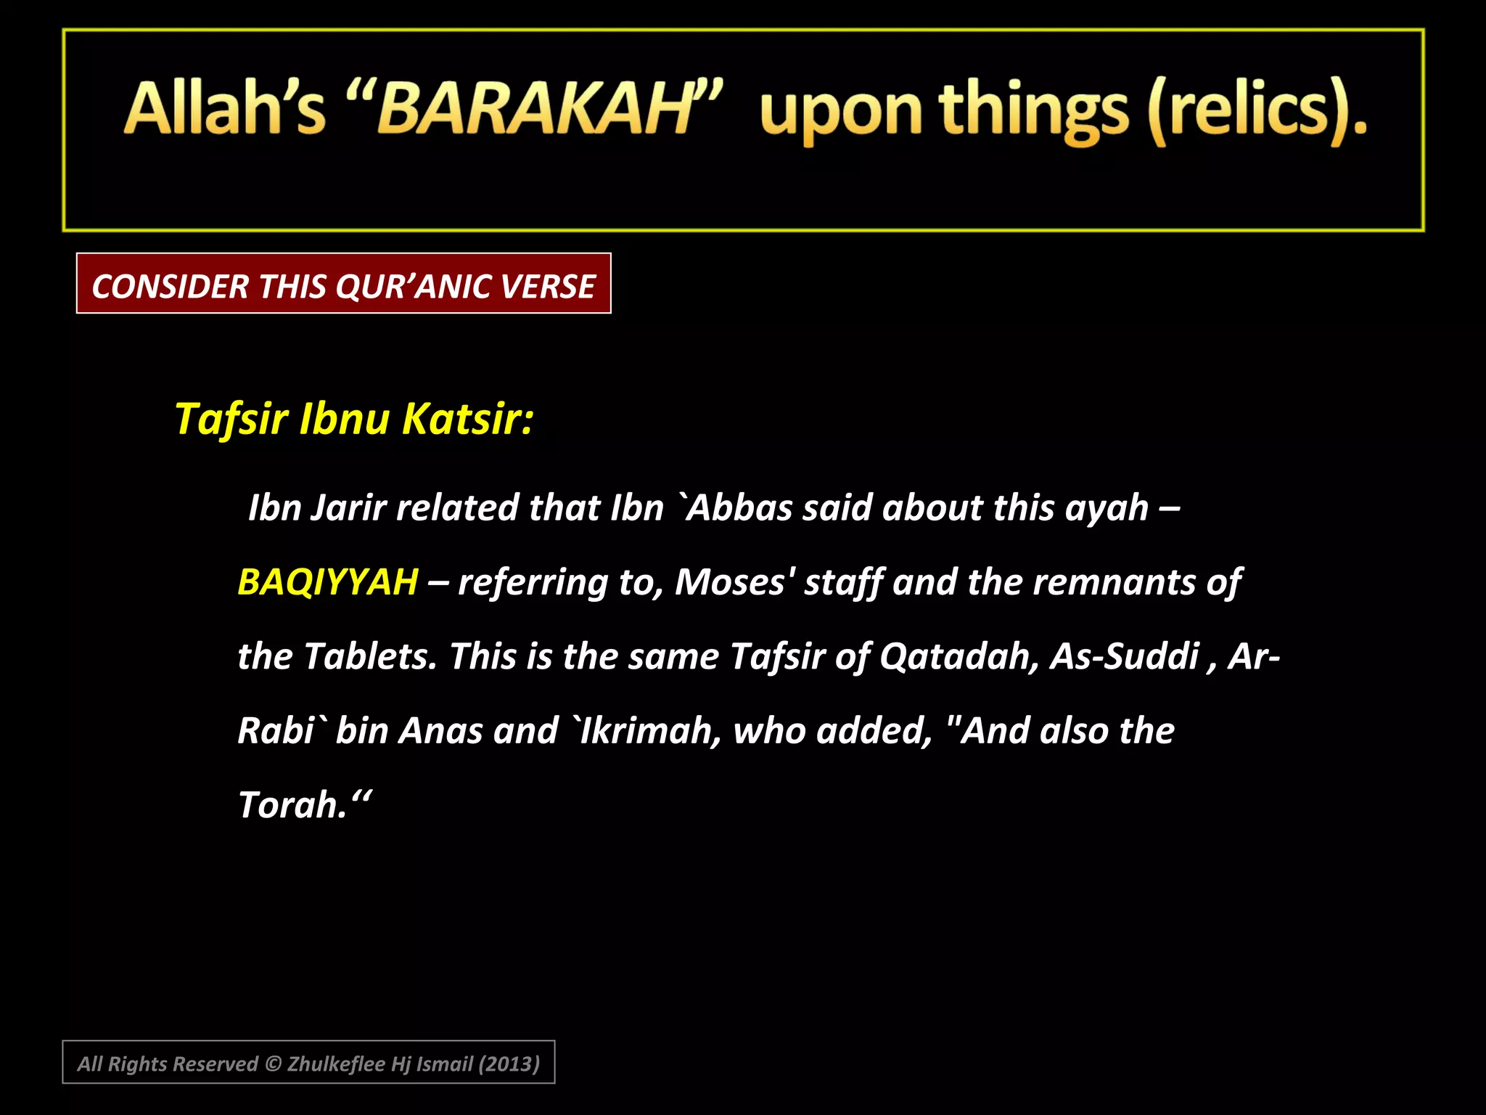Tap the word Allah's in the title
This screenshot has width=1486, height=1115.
click(225, 109)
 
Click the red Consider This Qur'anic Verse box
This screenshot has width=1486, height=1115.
click(343, 284)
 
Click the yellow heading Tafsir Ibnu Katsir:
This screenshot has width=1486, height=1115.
click(354, 419)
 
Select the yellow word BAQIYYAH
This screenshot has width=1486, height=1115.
click(328, 582)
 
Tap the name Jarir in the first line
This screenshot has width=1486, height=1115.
click(348, 507)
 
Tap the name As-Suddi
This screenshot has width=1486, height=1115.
click(1124, 656)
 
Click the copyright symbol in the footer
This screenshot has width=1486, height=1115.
click(273, 1064)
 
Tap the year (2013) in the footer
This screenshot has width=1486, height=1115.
click(509, 1064)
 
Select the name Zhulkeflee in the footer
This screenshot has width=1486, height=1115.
click(336, 1064)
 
